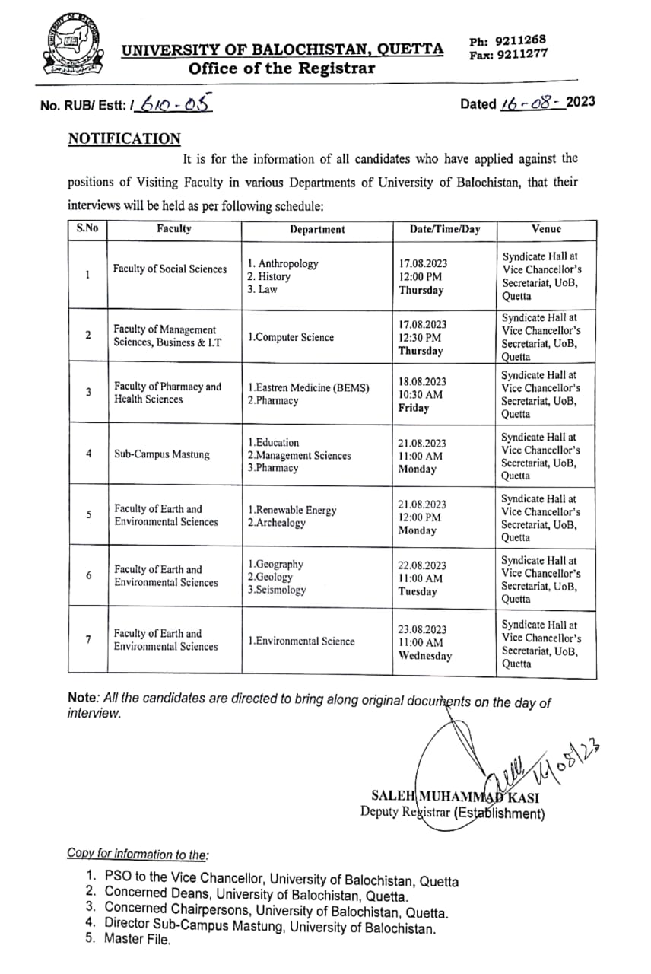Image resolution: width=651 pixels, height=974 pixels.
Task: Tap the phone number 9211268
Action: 519,40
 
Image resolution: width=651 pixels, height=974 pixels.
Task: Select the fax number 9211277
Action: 519,54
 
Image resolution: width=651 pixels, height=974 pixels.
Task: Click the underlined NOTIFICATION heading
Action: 125,139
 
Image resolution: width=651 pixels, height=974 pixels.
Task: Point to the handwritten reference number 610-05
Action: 172,106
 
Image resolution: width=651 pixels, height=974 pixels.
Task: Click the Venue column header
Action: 547,228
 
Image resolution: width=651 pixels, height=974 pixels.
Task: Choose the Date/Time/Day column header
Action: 445,229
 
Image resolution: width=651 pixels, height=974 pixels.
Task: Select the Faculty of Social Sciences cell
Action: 170,269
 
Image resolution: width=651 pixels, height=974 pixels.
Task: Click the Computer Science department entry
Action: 291,337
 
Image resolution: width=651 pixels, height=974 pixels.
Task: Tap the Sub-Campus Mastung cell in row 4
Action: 161,455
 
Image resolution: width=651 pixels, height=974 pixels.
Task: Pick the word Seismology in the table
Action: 277,590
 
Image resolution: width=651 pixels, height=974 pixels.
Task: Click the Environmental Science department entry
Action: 301,641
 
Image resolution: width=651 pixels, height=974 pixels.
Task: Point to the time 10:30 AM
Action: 421,395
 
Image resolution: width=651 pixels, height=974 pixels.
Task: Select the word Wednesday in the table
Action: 425,656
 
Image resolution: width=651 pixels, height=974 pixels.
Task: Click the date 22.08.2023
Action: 423,566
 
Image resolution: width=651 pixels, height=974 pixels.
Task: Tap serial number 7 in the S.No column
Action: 88,639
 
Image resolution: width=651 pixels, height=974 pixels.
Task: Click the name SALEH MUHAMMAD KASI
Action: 455,797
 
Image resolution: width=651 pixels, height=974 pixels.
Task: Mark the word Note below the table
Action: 81,697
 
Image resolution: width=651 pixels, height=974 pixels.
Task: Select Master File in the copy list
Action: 138,938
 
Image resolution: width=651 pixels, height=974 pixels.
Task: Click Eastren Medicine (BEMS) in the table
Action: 308,388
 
